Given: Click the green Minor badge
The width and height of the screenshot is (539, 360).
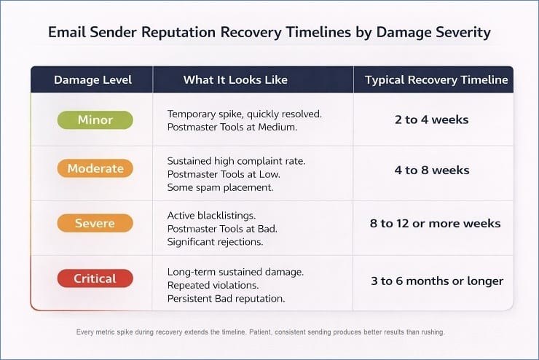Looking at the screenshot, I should point(95,120).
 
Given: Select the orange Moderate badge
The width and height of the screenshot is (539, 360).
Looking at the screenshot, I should point(95,169).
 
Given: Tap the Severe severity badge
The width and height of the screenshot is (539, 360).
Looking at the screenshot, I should point(95,223).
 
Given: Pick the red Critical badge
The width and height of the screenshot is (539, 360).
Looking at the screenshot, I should point(95,278).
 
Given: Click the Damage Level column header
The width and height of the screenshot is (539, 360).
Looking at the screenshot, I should point(93,80).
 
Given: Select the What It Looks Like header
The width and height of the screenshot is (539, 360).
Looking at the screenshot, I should point(235,80).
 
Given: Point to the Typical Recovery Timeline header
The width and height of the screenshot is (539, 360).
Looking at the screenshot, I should point(436,80).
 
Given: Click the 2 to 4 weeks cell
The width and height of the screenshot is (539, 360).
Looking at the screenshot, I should point(432,120).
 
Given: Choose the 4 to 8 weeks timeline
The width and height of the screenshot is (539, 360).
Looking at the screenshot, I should point(432,171).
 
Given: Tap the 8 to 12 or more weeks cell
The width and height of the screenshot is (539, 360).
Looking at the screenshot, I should point(435,224).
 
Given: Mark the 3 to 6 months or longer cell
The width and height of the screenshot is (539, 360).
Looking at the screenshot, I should point(436,281).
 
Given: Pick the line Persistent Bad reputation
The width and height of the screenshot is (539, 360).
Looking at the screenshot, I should point(226,297).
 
